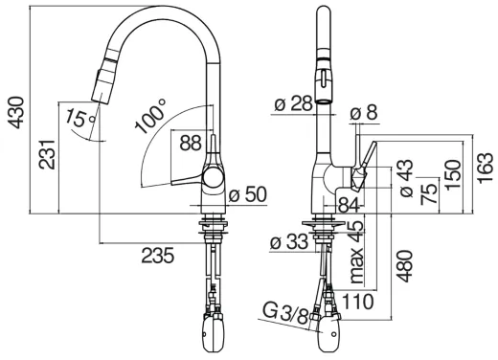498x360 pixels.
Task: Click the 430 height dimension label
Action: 16,112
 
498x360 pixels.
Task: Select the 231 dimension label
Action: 47,154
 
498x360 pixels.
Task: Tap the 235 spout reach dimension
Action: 158,256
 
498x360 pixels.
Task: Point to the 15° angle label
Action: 80,118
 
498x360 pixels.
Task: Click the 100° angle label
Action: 150,116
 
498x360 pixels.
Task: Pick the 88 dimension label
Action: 191,143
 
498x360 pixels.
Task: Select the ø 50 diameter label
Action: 248,194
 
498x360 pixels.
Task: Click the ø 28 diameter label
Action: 293,103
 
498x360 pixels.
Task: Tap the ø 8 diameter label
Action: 364,112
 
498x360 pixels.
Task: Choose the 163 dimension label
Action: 486,169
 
